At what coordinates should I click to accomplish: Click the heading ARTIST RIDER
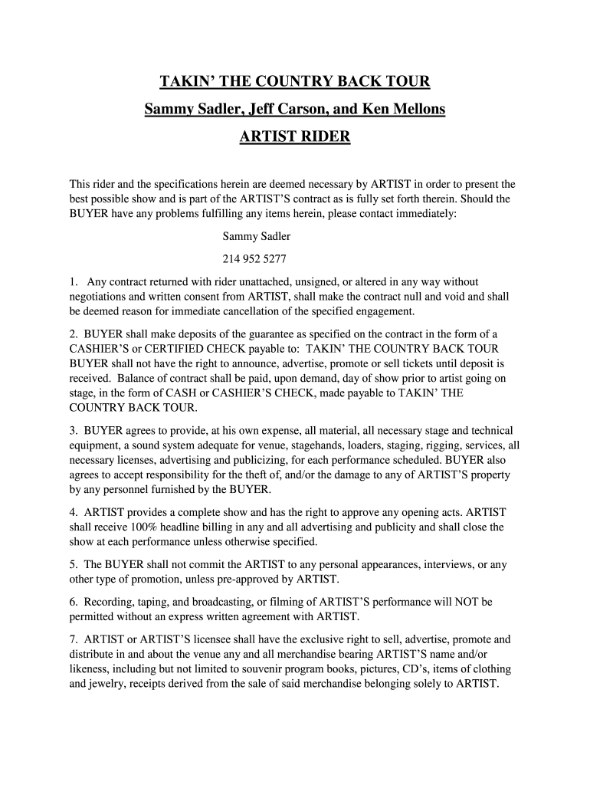tap(295, 137)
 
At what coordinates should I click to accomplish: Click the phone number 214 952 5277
tap(255, 258)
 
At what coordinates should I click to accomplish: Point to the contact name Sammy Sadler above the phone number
tap(257, 236)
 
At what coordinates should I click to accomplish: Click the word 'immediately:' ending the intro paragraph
tap(426, 214)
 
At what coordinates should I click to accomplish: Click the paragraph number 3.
tap(73, 431)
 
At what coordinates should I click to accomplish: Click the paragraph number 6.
tap(73, 601)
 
